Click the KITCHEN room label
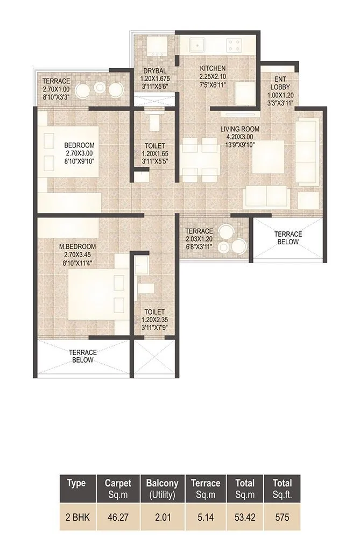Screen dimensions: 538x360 click(x=213, y=69)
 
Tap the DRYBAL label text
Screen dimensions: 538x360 click(x=154, y=71)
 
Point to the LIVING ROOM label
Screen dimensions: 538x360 click(x=240, y=129)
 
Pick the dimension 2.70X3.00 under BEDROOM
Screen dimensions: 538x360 click(x=80, y=153)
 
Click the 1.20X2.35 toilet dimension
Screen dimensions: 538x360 click(x=154, y=320)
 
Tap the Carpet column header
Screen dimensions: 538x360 click(x=118, y=487)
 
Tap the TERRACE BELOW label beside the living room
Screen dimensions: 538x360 click(x=288, y=238)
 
